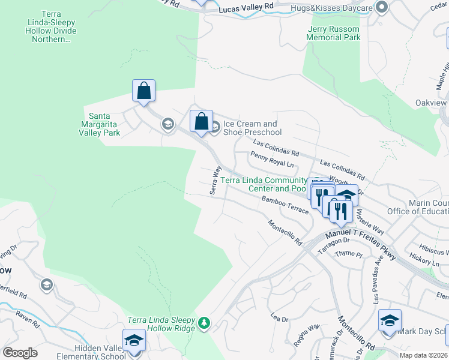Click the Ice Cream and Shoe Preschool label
252,128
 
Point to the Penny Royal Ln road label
274,159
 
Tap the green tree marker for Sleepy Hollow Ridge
205,323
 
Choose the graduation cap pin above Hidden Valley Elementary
134,340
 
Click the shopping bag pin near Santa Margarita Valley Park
143,91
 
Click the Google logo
20,353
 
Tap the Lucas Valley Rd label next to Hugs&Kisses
246,8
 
